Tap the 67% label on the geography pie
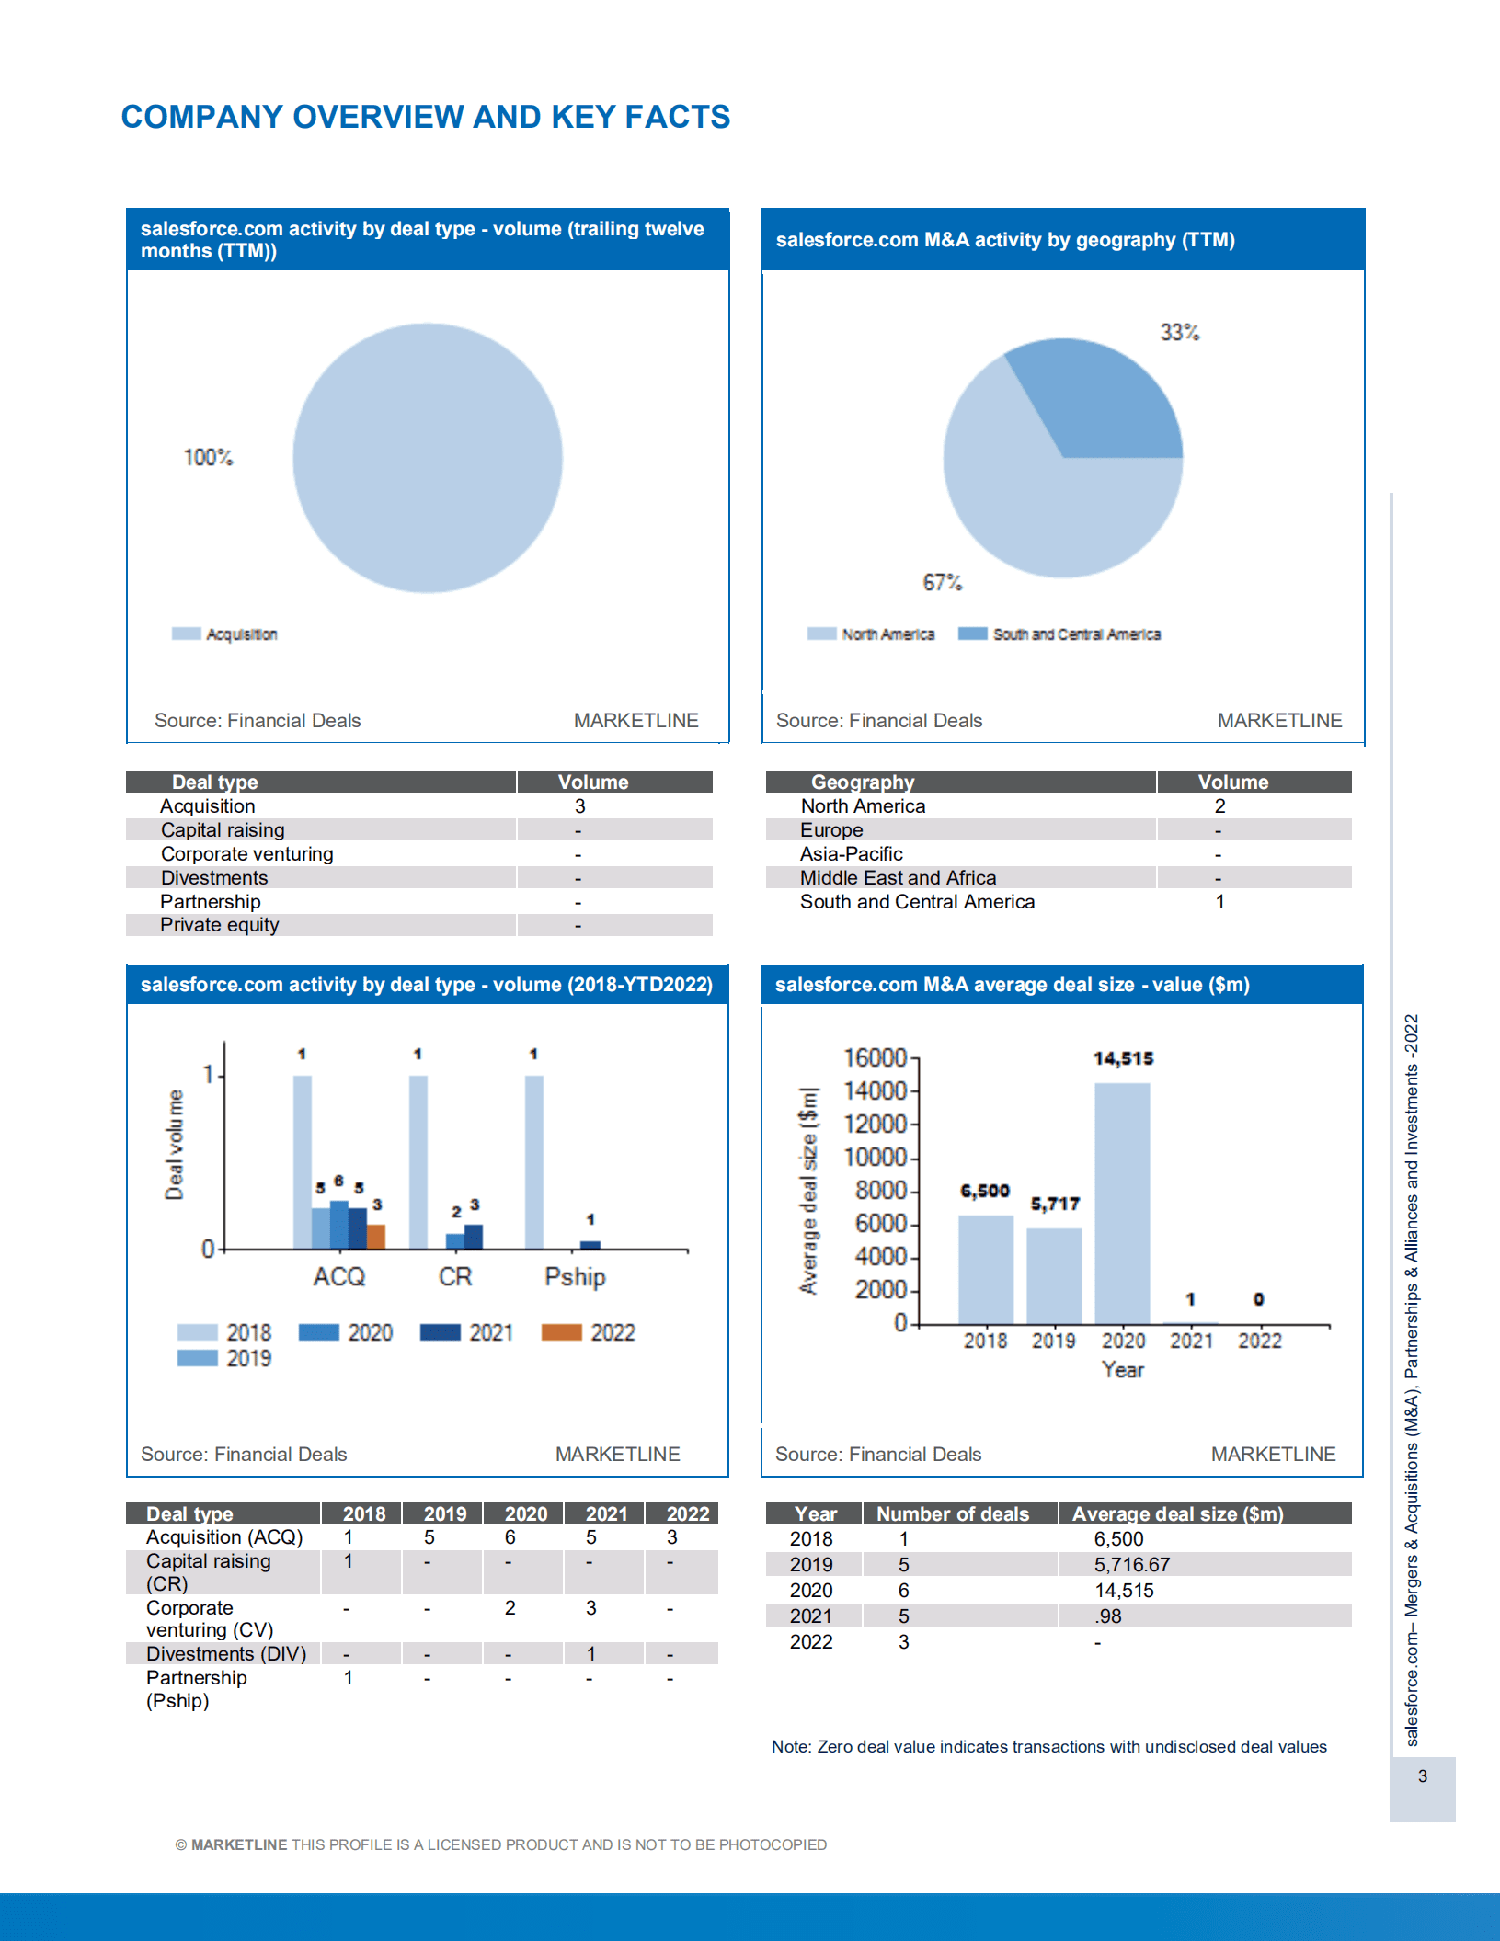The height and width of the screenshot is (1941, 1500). point(942,582)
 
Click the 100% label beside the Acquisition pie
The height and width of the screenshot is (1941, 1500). point(208,457)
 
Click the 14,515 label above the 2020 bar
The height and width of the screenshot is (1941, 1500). point(1123,1058)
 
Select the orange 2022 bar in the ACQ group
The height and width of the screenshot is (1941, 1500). point(376,1236)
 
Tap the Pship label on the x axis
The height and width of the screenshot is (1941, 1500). point(575,1276)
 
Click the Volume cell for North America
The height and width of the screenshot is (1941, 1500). point(1219,806)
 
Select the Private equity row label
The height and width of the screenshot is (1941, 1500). point(219,925)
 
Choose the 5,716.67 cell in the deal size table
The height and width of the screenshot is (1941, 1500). point(1131,1564)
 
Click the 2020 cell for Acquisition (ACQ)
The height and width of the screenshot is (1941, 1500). point(510,1537)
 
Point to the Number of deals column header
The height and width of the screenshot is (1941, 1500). point(952,1513)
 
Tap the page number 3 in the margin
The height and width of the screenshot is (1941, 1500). point(1422,1775)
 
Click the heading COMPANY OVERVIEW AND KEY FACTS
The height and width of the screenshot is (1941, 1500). point(426,117)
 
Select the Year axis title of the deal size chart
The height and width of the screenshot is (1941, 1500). point(1122,1370)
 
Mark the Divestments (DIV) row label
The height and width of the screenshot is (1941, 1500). point(226,1653)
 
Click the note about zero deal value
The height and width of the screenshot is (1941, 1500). point(1048,1746)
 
